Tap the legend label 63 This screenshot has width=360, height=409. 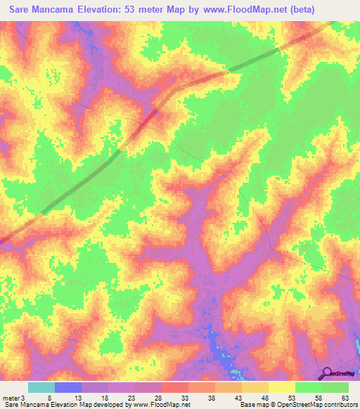[x=345, y=398]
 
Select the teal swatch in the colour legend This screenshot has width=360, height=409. [x=41, y=387]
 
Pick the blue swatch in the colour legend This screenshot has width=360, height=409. [x=68, y=387]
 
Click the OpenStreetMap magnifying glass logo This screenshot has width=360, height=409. [x=325, y=372]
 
